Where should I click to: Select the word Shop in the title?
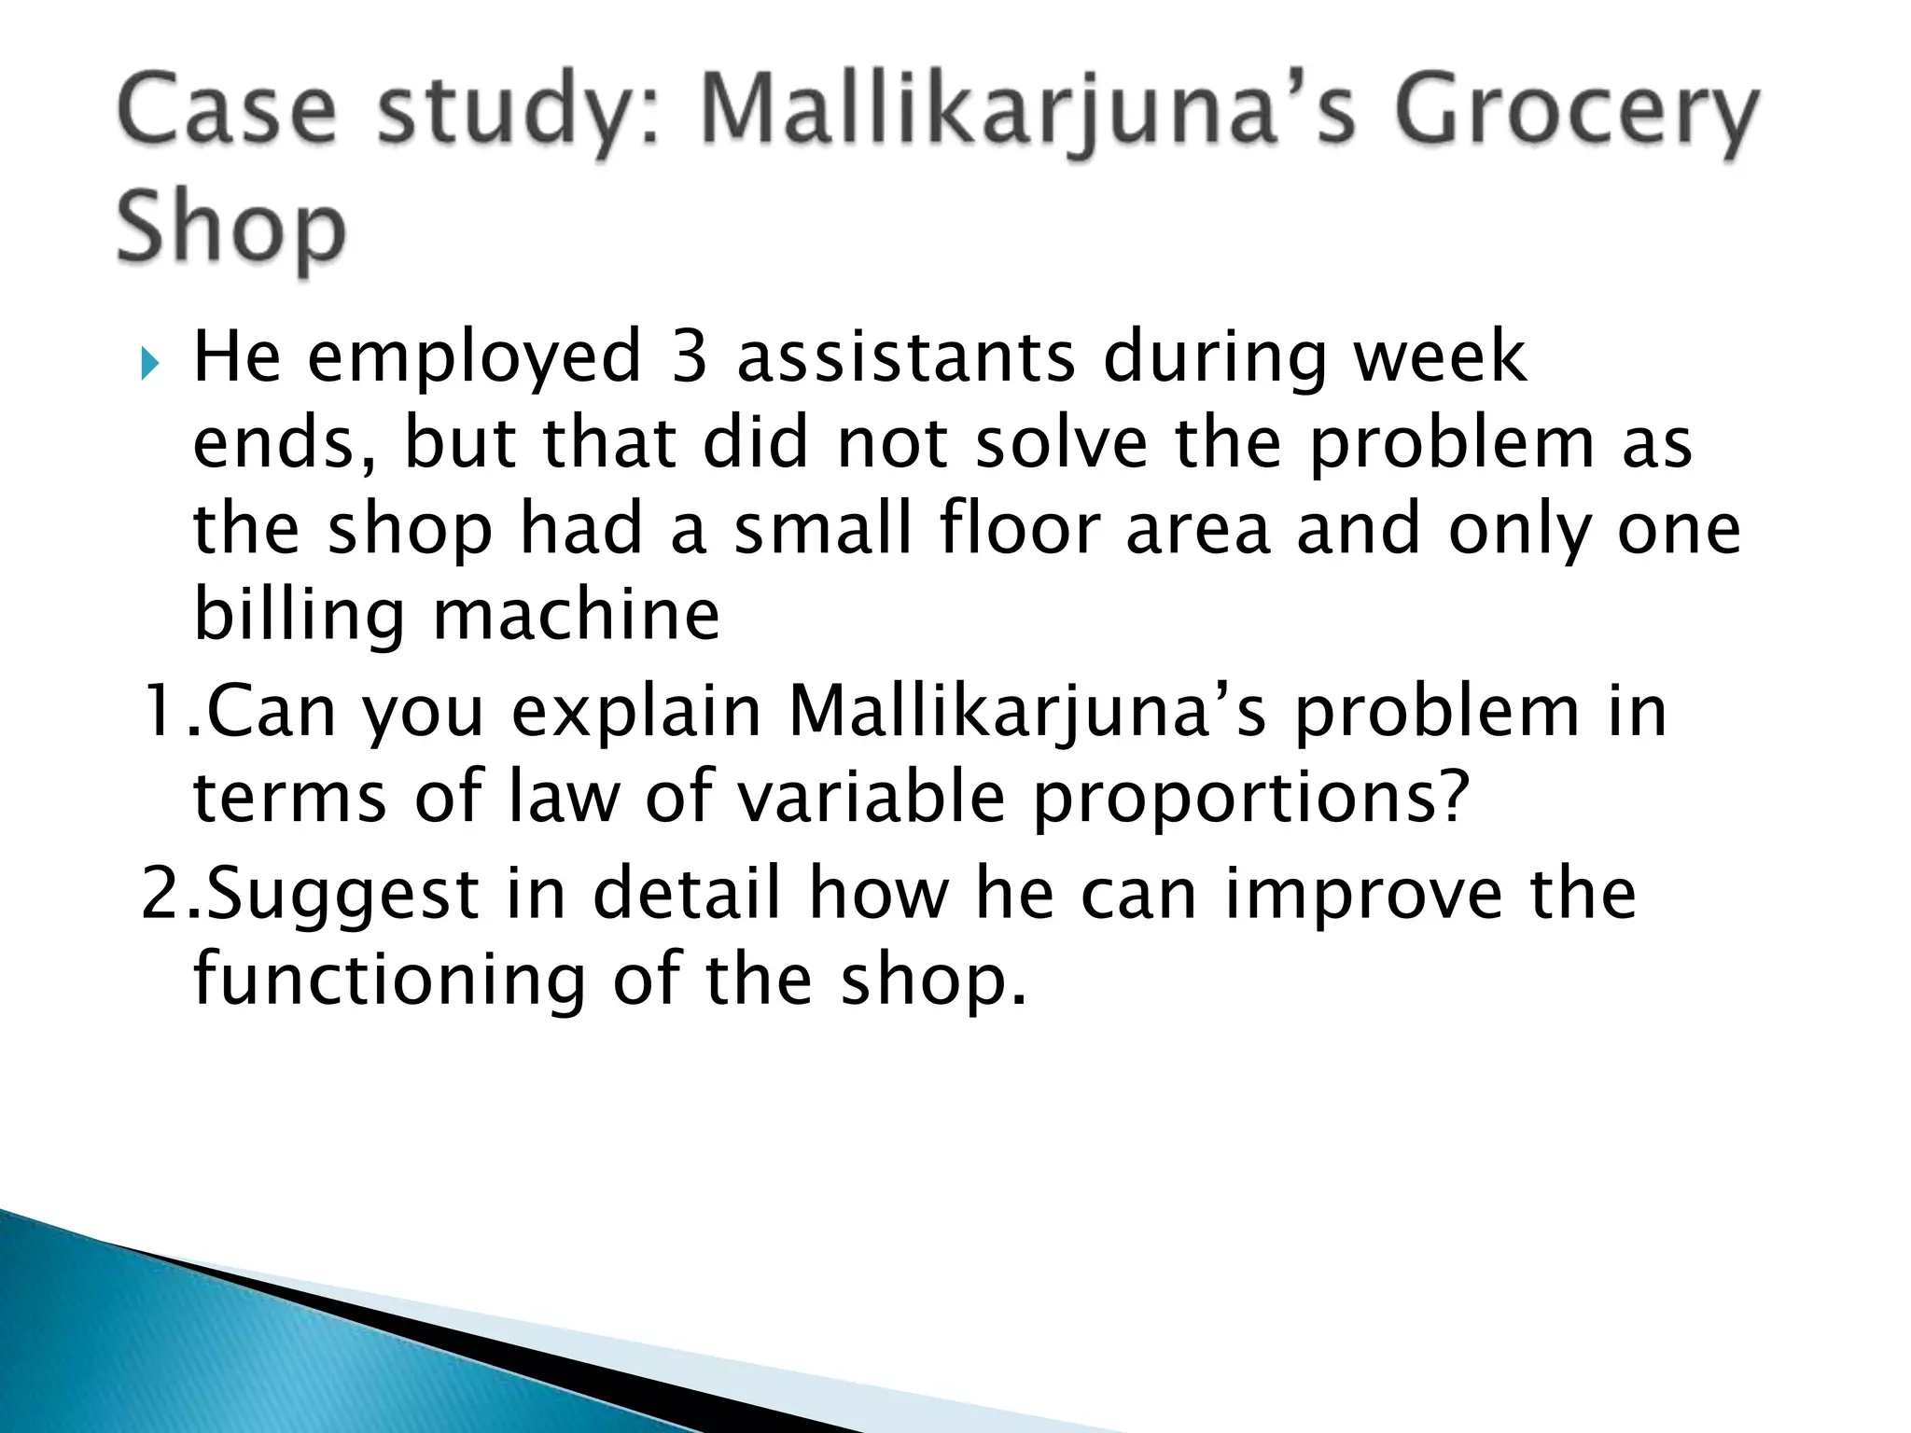(231, 228)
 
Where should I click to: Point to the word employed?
(475, 359)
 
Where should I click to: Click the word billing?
(299, 617)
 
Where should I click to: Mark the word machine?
(577, 615)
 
